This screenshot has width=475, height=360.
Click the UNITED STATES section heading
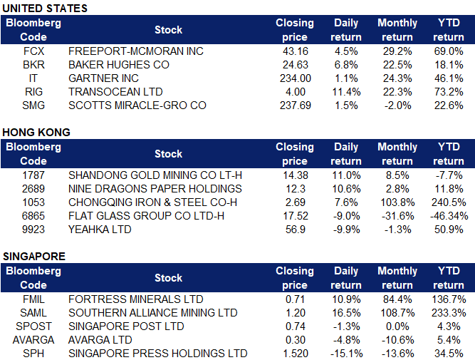(x=46, y=8)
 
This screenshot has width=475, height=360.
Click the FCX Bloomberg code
(x=33, y=51)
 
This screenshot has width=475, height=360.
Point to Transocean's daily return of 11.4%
(x=345, y=92)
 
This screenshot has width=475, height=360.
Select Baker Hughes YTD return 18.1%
(x=449, y=65)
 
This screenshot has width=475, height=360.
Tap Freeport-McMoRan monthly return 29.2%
(x=397, y=51)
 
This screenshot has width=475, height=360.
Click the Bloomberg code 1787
(x=33, y=175)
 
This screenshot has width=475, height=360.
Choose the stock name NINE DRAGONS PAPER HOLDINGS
(x=155, y=189)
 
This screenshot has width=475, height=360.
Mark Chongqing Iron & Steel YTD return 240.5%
(x=448, y=202)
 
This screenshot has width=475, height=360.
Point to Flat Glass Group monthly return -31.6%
(x=396, y=216)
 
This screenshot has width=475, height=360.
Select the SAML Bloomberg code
(x=33, y=313)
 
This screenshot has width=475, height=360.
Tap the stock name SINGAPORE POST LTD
(x=125, y=326)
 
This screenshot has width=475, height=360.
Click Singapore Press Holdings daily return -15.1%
(x=345, y=354)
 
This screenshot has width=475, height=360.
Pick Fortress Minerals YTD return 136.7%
(x=448, y=299)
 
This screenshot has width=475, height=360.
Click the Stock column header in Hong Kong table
(x=168, y=154)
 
